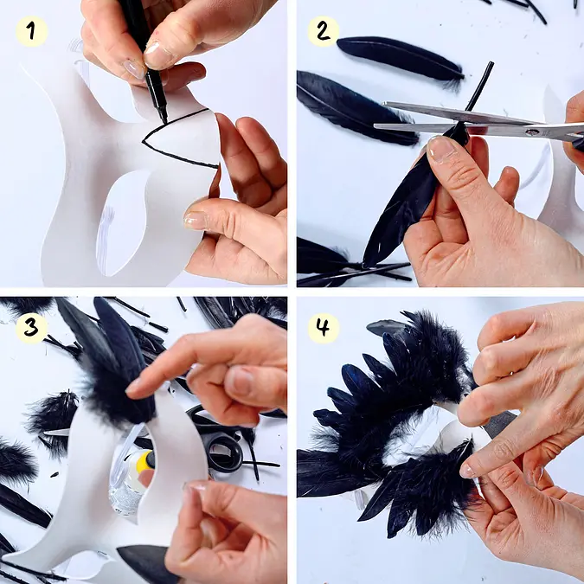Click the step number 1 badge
pos(32,31)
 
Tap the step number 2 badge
pos(324,31)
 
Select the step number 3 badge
pos(32,328)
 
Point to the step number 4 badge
pos(324,328)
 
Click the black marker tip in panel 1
pos(164,119)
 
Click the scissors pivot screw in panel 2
pos(532,132)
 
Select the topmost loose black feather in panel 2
pos(401,58)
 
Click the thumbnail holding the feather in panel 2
pos(441,149)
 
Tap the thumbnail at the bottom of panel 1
pos(195,220)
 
